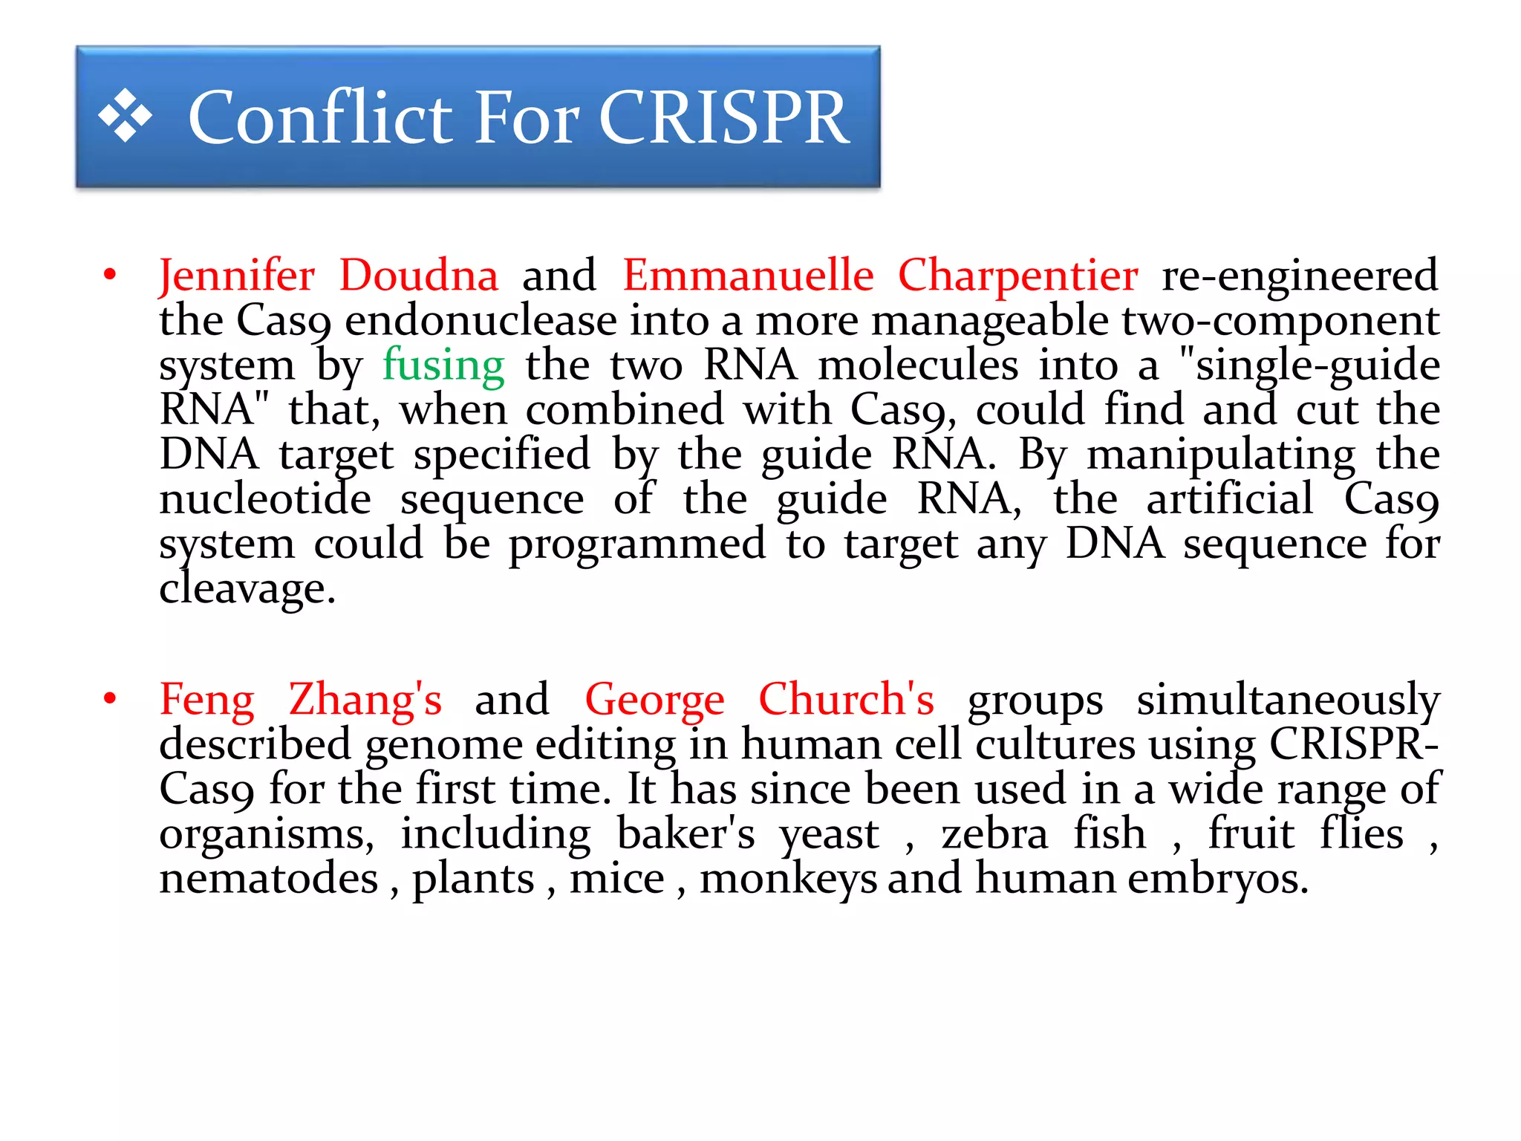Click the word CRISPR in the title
(x=723, y=117)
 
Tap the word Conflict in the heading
(x=320, y=117)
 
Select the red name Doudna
(x=418, y=276)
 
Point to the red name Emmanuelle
(x=747, y=276)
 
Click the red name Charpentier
(x=1017, y=276)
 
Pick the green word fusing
(x=443, y=365)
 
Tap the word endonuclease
(x=481, y=321)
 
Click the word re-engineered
(x=1300, y=276)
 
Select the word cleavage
(x=247, y=589)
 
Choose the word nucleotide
(x=265, y=499)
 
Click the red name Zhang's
(x=365, y=700)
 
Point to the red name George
(x=654, y=700)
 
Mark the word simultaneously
(x=1288, y=700)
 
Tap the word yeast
(x=829, y=834)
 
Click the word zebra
(x=994, y=834)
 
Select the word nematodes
(x=269, y=879)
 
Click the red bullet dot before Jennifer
(x=111, y=276)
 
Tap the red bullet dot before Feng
(x=111, y=699)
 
